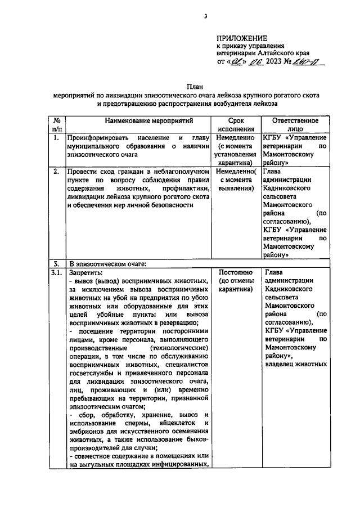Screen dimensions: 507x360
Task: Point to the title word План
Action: pyautogui.click(x=195, y=87)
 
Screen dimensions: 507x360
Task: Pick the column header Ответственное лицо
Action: pyautogui.click(x=295, y=124)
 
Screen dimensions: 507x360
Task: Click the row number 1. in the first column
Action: pyautogui.click(x=56, y=137)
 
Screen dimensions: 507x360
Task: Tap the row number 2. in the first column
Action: pyautogui.click(x=56, y=172)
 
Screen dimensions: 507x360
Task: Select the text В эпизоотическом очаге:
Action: pyautogui.click(x=106, y=263)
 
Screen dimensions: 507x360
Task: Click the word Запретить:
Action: pyautogui.click(x=83, y=272)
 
